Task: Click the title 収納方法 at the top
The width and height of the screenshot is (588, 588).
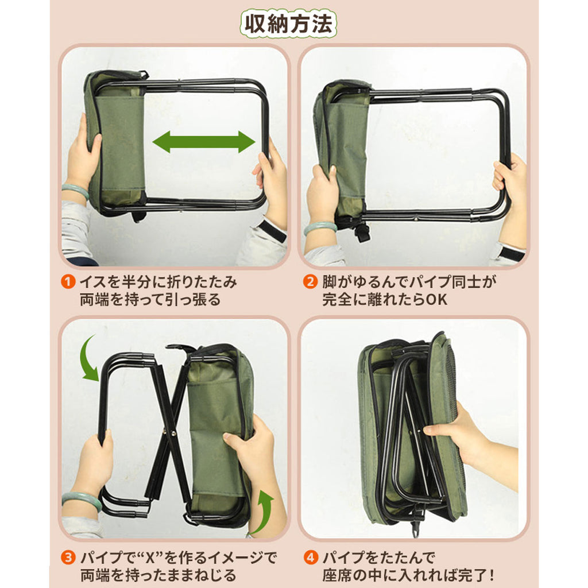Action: click(288, 24)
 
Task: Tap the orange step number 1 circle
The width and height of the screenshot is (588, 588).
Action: click(68, 281)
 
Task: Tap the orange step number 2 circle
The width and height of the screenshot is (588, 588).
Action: click(310, 281)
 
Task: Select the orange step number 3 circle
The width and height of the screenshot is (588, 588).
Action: click(68, 557)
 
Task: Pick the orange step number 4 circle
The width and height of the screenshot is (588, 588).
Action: click(310, 557)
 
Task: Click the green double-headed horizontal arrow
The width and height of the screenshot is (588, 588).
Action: click(204, 142)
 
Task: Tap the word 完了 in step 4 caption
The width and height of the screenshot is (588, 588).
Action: click(473, 575)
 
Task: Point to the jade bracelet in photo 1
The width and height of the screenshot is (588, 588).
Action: click(75, 191)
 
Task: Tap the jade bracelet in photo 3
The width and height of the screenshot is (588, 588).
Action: click(82, 501)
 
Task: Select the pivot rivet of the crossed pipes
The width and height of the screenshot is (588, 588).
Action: click(173, 434)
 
